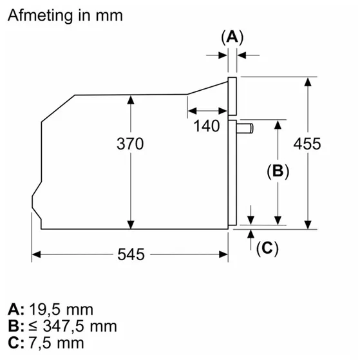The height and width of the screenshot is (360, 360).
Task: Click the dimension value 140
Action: point(206,126)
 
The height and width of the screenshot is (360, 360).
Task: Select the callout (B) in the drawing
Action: point(278,171)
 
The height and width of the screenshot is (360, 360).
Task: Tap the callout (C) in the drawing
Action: point(267,248)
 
